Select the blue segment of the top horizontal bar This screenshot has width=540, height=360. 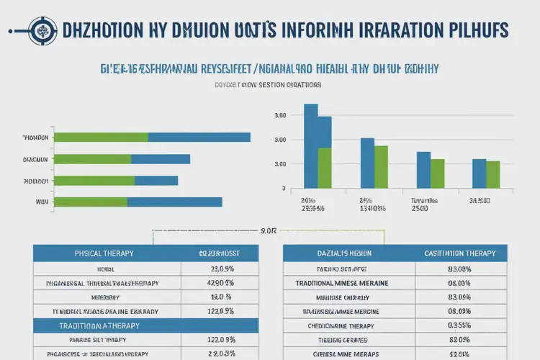click(199, 137)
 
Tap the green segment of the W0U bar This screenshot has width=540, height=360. click(91, 202)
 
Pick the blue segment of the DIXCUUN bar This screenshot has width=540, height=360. click(160, 159)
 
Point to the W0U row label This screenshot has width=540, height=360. click(41, 202)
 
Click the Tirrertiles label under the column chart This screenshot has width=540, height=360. click(424, 199)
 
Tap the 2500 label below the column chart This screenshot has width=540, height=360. click(420, 208)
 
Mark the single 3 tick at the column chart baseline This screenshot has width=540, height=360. click(283, 189)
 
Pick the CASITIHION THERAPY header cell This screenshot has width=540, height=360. click(459, 253)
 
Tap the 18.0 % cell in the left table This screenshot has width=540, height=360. click(220, 297)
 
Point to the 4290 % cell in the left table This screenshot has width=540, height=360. click(220, 282)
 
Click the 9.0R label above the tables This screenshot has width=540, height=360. click(268, 232)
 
